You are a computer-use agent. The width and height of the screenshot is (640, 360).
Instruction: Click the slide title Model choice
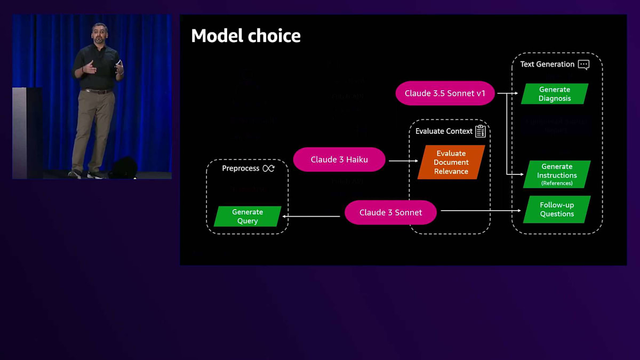pos(246,36)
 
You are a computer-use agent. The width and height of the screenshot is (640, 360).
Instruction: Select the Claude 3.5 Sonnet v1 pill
pos(445,93)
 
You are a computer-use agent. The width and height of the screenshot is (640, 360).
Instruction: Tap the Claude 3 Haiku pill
pos(339,159)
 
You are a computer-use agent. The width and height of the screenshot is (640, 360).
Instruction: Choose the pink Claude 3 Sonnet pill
pos(390,212)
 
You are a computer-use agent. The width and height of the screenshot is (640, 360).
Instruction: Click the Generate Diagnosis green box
pos(555,94)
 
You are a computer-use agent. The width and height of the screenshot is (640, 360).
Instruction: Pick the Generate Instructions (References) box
pos(557,174)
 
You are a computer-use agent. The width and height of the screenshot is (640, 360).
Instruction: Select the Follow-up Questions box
pos(557,209)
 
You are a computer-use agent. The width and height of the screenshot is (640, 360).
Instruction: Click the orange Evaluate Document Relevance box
pos(451,162)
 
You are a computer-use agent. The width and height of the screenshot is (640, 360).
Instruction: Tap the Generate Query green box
pos(247,216)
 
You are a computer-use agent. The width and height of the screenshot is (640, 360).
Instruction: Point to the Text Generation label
pos(547,64)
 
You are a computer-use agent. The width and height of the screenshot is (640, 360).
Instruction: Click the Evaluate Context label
pos(444,131)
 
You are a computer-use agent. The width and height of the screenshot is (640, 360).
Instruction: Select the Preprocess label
pos(241,169)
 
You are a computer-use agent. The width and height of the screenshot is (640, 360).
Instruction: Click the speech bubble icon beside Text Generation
pos(583,65)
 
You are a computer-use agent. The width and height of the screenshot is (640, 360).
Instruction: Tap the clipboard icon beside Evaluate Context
pos(480,131)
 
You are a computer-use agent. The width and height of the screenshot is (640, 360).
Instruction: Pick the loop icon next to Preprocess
pos(268,169)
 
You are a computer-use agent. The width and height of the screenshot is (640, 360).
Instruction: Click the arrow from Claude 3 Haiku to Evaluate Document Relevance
pos(403,161)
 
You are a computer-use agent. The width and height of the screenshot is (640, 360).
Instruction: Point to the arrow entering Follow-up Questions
pos(480,211)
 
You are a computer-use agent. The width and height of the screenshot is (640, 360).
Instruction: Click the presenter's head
pos(100,30)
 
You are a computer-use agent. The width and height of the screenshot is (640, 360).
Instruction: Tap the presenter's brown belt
pos(99,91)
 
